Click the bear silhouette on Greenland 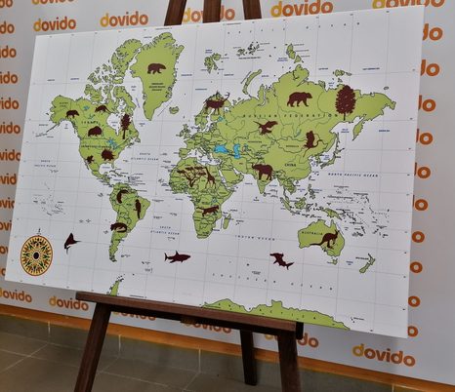point(156,68)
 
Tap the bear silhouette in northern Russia point(299,98)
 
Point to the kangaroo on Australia point(329,239)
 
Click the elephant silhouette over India point(263,171)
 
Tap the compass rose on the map point(36,255)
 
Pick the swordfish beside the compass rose point(70,241)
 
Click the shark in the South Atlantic point(177,256)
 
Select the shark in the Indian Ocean point(281,259)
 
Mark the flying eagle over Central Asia point(267,128)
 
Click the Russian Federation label point(306,118)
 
